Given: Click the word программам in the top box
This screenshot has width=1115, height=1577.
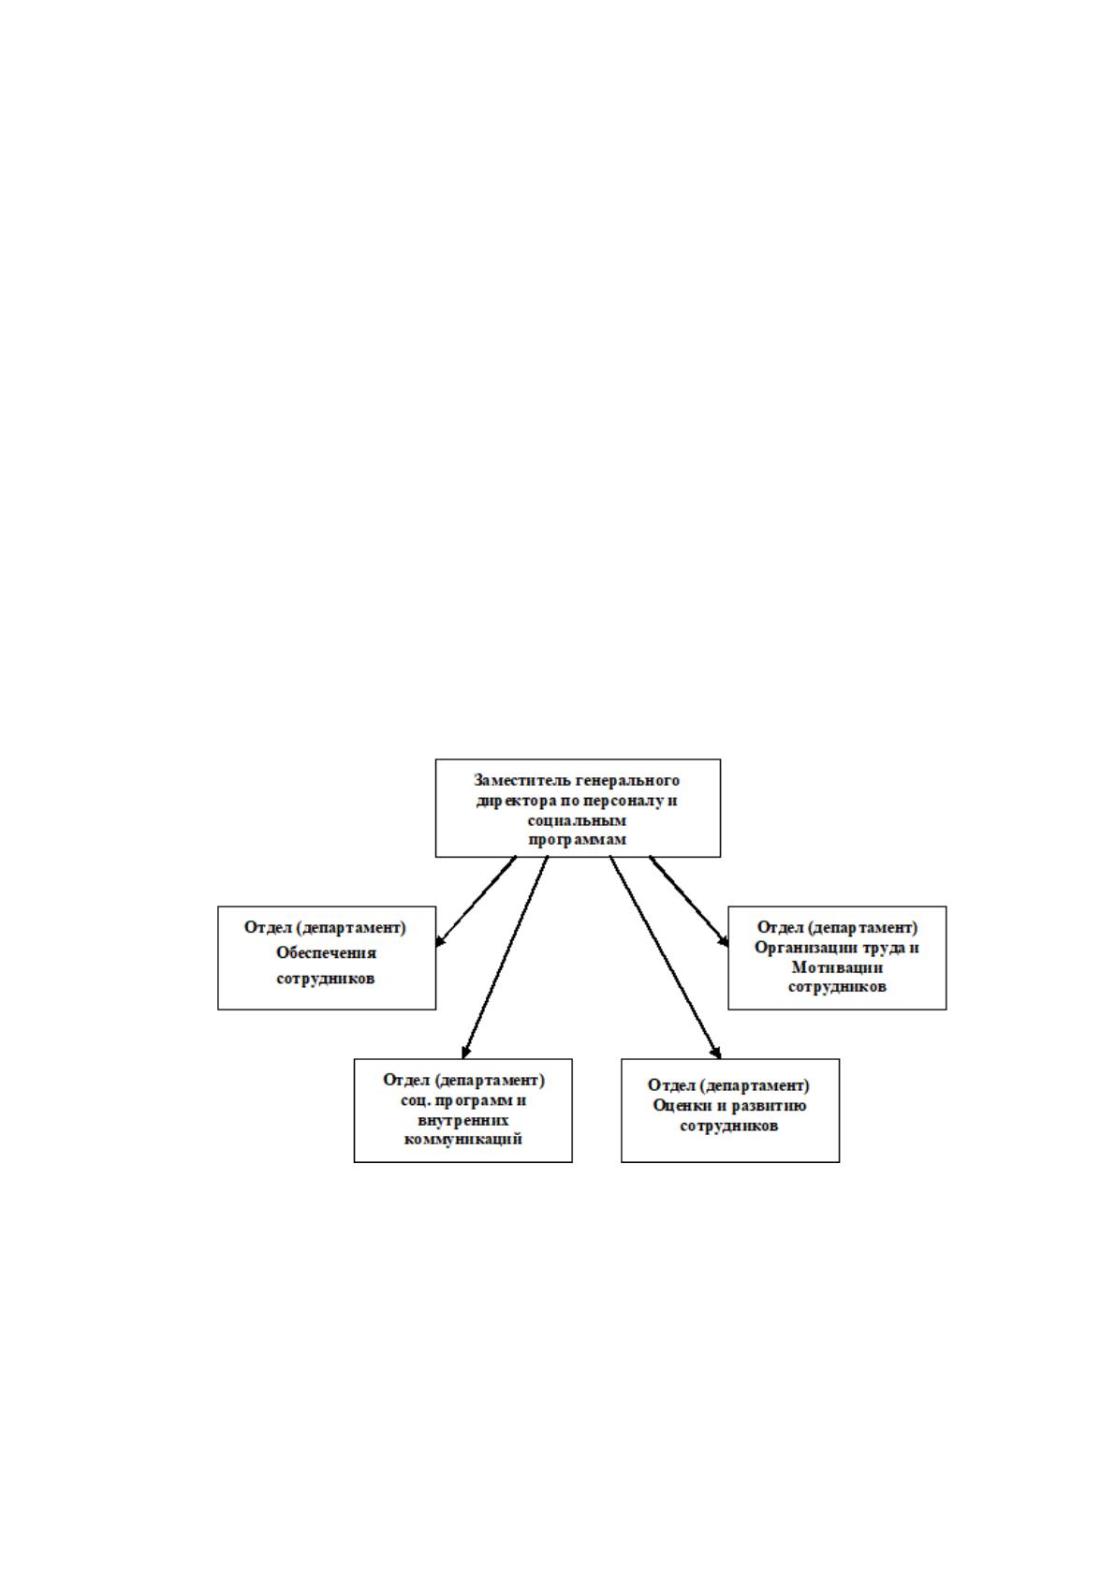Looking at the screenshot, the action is coord(578,840).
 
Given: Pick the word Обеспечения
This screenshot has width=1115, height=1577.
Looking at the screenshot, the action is coord(326,952).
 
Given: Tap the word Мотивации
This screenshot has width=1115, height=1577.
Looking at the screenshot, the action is coord(837,966).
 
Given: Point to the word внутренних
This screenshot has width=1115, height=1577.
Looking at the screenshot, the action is coord(463,1119).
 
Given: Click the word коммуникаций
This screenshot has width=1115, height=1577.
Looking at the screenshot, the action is coord(463,1139).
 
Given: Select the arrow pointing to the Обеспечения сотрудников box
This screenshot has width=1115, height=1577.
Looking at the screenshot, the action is coord(476,901).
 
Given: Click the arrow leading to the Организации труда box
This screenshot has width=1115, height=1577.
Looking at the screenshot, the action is coord(689,901).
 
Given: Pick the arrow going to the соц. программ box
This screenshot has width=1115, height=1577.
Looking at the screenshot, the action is coord(505,957).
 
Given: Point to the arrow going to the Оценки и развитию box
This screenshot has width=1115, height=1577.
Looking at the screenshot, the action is coord(666,957).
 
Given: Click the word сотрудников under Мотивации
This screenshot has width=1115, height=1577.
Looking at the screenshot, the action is coord(837,986).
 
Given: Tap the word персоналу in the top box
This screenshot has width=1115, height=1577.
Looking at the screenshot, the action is coord(620,802).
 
